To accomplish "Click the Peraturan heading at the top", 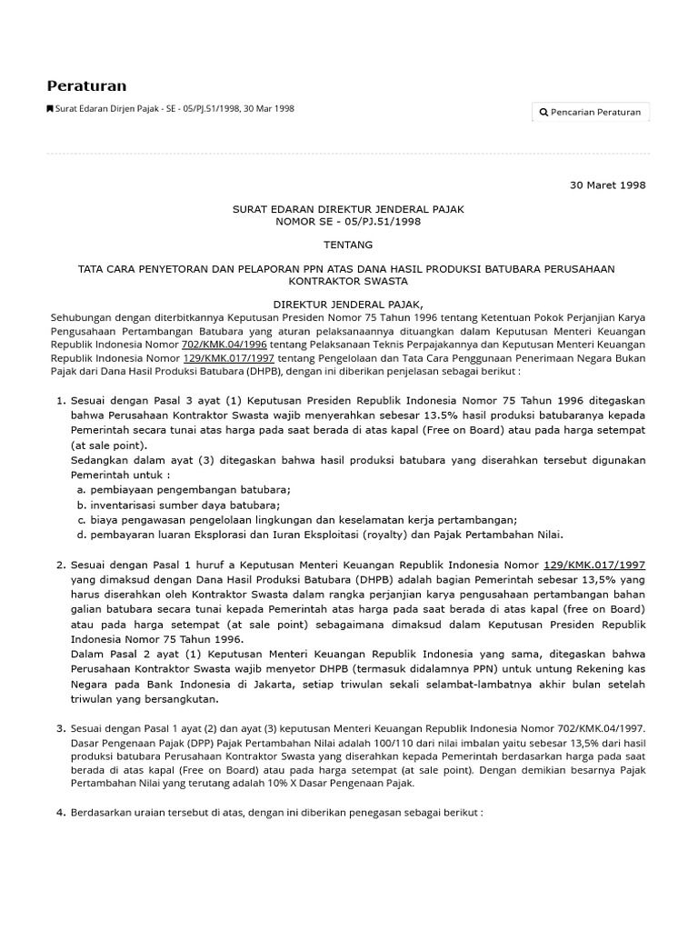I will pos(86,85).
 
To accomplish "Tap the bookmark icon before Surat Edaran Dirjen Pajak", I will pos(50,109).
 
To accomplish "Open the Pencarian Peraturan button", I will pos(591,112).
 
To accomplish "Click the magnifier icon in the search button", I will pos(543,112).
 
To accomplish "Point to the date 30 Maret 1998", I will pos(607,185).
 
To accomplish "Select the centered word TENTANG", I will pos(348,245).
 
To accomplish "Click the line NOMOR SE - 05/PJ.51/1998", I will pos(348,221).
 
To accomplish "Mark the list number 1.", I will pos(61,399).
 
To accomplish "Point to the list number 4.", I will pos(61,812).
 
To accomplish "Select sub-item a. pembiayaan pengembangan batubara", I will pos(184,489).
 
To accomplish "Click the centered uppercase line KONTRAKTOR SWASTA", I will pos(348,281).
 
